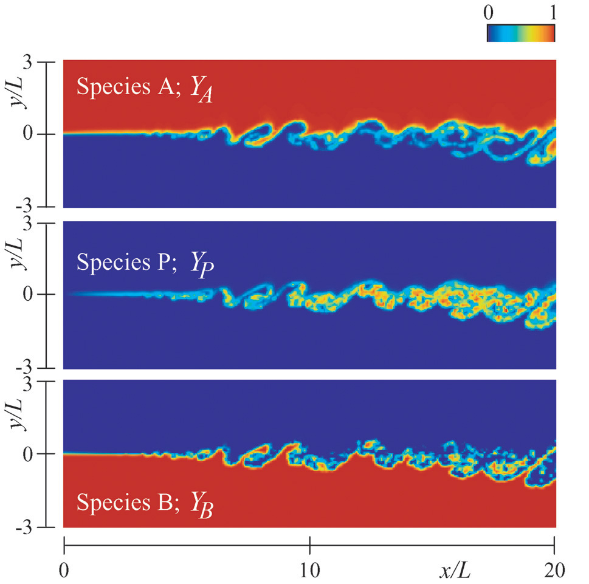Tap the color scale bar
521,33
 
